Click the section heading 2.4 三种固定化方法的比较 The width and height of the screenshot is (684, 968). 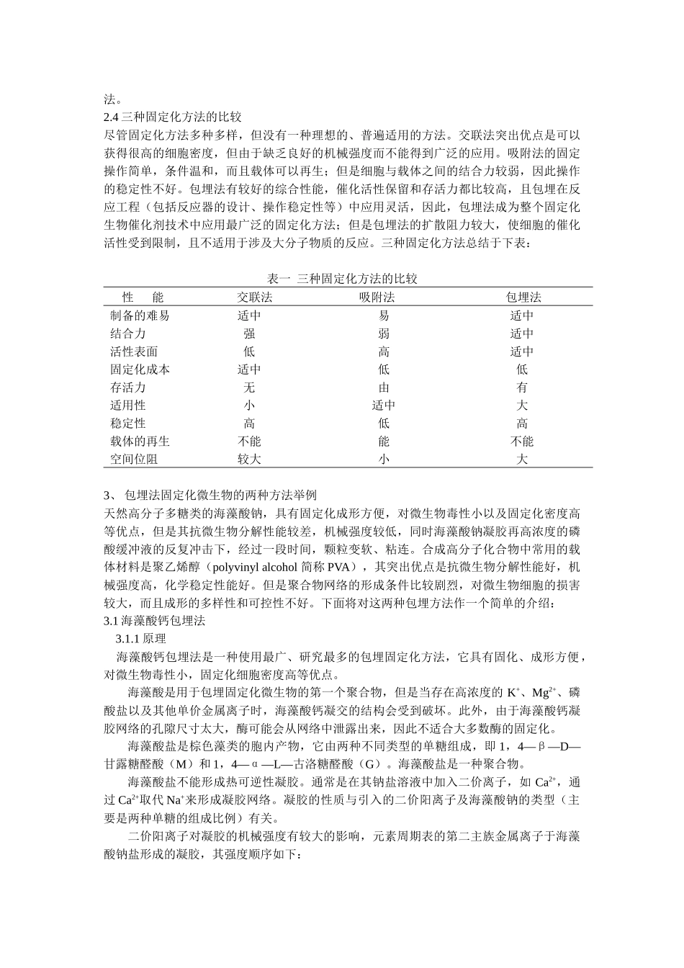172,117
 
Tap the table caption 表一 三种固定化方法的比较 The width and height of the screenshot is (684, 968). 342,279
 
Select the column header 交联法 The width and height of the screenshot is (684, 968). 255,297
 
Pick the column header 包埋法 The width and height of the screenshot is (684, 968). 523,297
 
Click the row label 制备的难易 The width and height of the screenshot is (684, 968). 140,315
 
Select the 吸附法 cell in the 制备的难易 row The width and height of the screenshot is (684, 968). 384,315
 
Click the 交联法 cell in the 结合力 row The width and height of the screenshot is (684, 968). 249,333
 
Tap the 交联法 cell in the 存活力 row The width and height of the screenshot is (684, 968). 249,387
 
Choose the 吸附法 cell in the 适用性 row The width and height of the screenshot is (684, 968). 384,405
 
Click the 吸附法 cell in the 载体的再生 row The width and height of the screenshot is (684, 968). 384,442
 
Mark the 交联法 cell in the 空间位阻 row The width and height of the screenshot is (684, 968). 249,460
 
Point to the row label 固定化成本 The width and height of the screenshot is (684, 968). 140,369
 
